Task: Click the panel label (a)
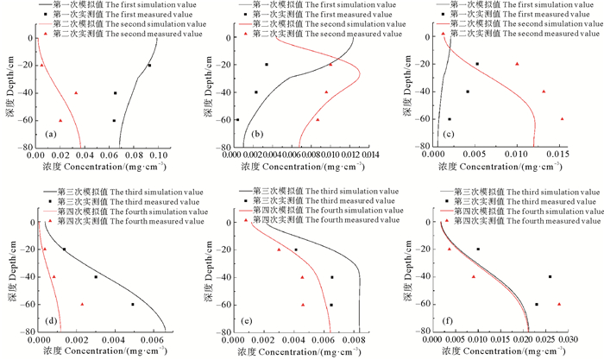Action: (50, 134)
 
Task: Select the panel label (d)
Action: (51, 319)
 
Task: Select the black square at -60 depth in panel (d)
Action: (133, 305)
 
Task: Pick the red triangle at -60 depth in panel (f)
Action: (559, 305)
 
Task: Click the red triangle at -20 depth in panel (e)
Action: (279, 250)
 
